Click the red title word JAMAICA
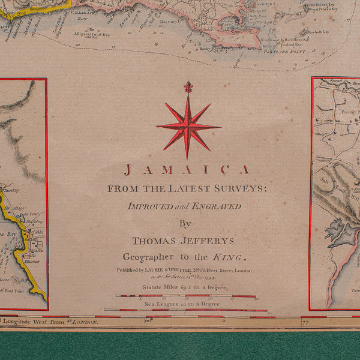pyautogui.click(x=187, y=170)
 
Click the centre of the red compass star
pyautogui.click(x=188, y=127)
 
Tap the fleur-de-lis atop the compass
pyautogui.click(x=188, y=88)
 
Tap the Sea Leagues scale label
pyautogui.click(x=182, y=304)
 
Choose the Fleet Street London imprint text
pyautogui.click(x=226, y=271)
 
